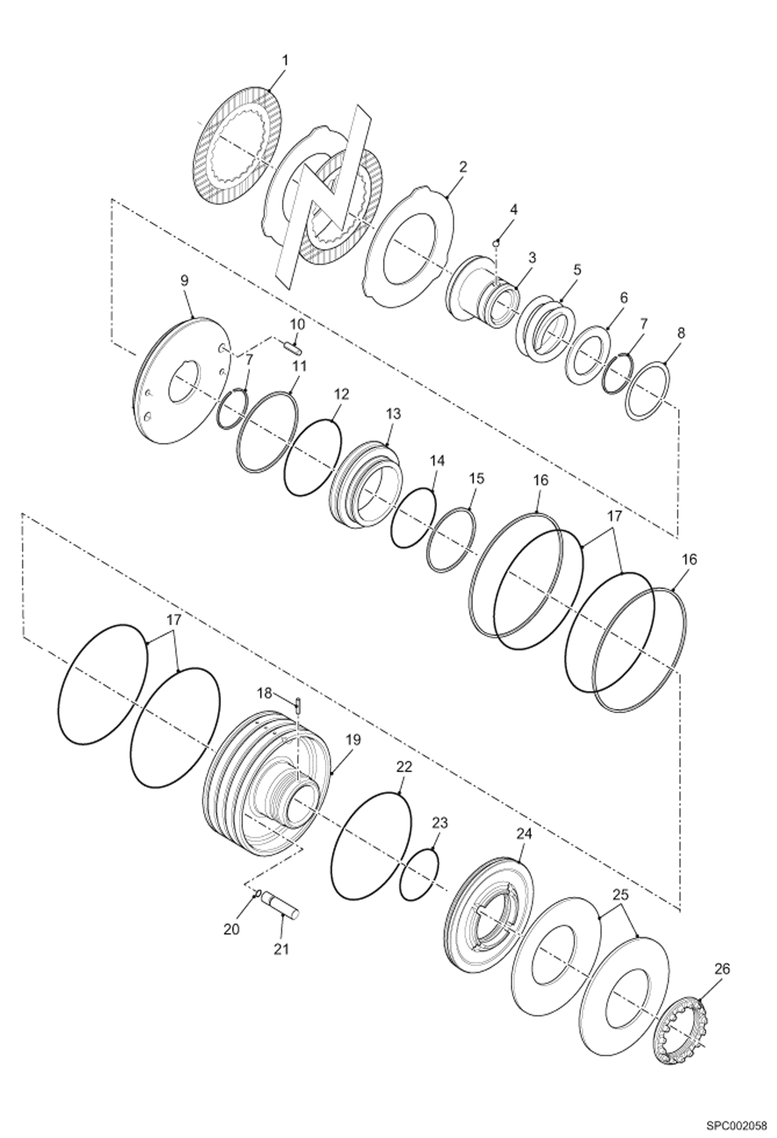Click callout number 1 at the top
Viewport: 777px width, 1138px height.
click(285, 61)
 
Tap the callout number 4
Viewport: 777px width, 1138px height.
click(513, 210)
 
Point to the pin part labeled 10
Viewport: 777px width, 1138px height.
click(292, 346)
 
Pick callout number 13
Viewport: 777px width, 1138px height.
click(393, 414)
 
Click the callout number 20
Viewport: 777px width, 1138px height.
click(231, 929)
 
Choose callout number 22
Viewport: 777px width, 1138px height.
click(404, 767)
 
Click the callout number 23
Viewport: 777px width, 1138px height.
click(440, 823)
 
